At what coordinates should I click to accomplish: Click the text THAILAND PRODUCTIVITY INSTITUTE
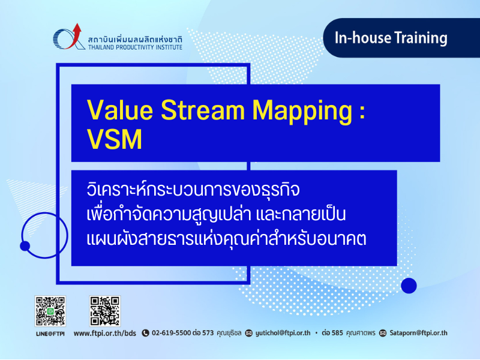click(x=136, y=47)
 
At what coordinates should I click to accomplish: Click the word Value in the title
click(x=120, y=110)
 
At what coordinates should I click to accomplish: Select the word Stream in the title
click(x=203, y=110)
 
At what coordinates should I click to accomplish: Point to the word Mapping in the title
click(x=302, y=112)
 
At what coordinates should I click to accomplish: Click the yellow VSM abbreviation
click(x=115, y=139)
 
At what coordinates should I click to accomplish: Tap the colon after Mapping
click(x=362, y=112)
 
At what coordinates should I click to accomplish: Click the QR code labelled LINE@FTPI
click(x=50, y=311)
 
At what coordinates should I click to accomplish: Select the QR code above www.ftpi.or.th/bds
click(x=104, y=311)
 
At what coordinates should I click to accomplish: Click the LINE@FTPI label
click(x=50, y=334)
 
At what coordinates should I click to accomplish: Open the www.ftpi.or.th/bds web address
click(x=104, y=334)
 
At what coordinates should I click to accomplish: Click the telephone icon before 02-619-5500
click(x=145, y=333)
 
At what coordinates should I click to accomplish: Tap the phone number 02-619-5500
click(x=171, y=333)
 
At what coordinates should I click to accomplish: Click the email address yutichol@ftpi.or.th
click(x=283, y=333)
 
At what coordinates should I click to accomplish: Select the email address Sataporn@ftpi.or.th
click(x=418, y=333)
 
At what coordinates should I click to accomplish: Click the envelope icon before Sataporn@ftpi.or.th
click(x=383, y=333)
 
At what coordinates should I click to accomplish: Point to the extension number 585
click(x=337, y=333)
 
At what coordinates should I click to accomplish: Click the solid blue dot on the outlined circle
click(x=25, y=246)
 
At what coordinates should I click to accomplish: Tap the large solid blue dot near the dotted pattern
click(x=409, y=286)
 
